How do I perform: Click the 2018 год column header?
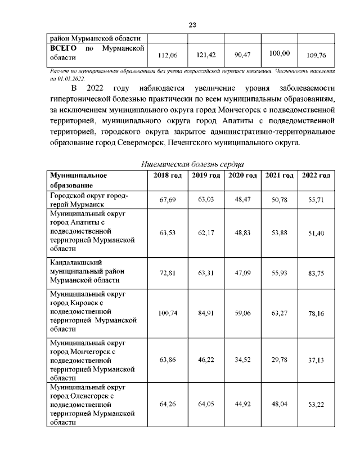(x=168, y=176)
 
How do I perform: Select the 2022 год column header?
(x=316, y=176)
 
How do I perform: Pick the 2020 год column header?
(x=242, y=176)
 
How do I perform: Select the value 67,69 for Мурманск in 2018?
(x=168, y=200)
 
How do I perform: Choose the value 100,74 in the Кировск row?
(x=168, y=312)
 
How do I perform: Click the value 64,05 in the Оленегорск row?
(x=205, y=405)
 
